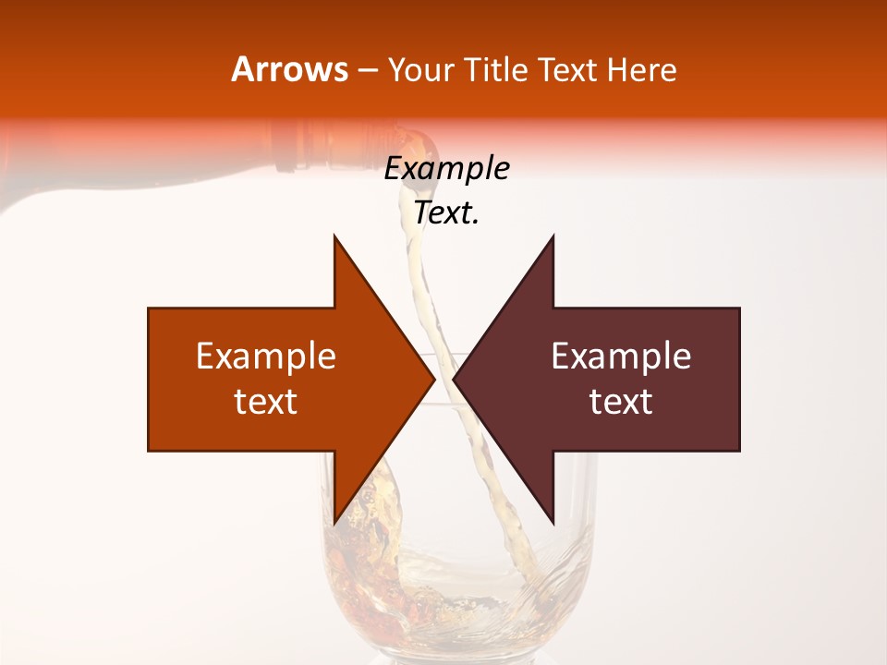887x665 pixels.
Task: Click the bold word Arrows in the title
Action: pyautogui.click(x=289, y=69)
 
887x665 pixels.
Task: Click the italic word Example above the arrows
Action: pyautogui.click(x=446, y=169)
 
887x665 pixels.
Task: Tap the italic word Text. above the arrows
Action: pyautogui.click(x=446, y=212)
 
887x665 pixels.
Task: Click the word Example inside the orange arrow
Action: pyautogui.click(x=266, y=357)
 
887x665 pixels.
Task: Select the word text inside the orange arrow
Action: pyautogui.click(x=266, y=402)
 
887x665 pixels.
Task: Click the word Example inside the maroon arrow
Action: pyautogui.click(x=621, y=357)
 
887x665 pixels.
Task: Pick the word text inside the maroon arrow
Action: pyautogui.click(x=621, y=402)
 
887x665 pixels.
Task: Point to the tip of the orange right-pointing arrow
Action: pyautogui.click(x=434, y=379)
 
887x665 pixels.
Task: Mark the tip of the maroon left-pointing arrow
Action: pyautogui.click(x=454, y=379)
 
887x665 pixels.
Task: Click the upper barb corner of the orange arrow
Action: pyautogui.click(x=334, y=236)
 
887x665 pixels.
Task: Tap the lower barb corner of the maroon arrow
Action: pyautogui.click(x=553, y=523)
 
